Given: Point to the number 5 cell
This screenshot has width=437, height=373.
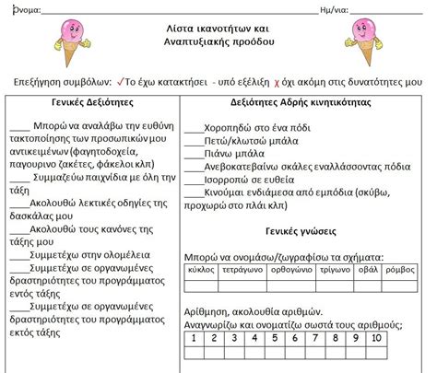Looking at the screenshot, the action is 289,338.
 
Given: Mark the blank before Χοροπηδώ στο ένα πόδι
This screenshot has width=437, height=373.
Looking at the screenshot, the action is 191,128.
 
